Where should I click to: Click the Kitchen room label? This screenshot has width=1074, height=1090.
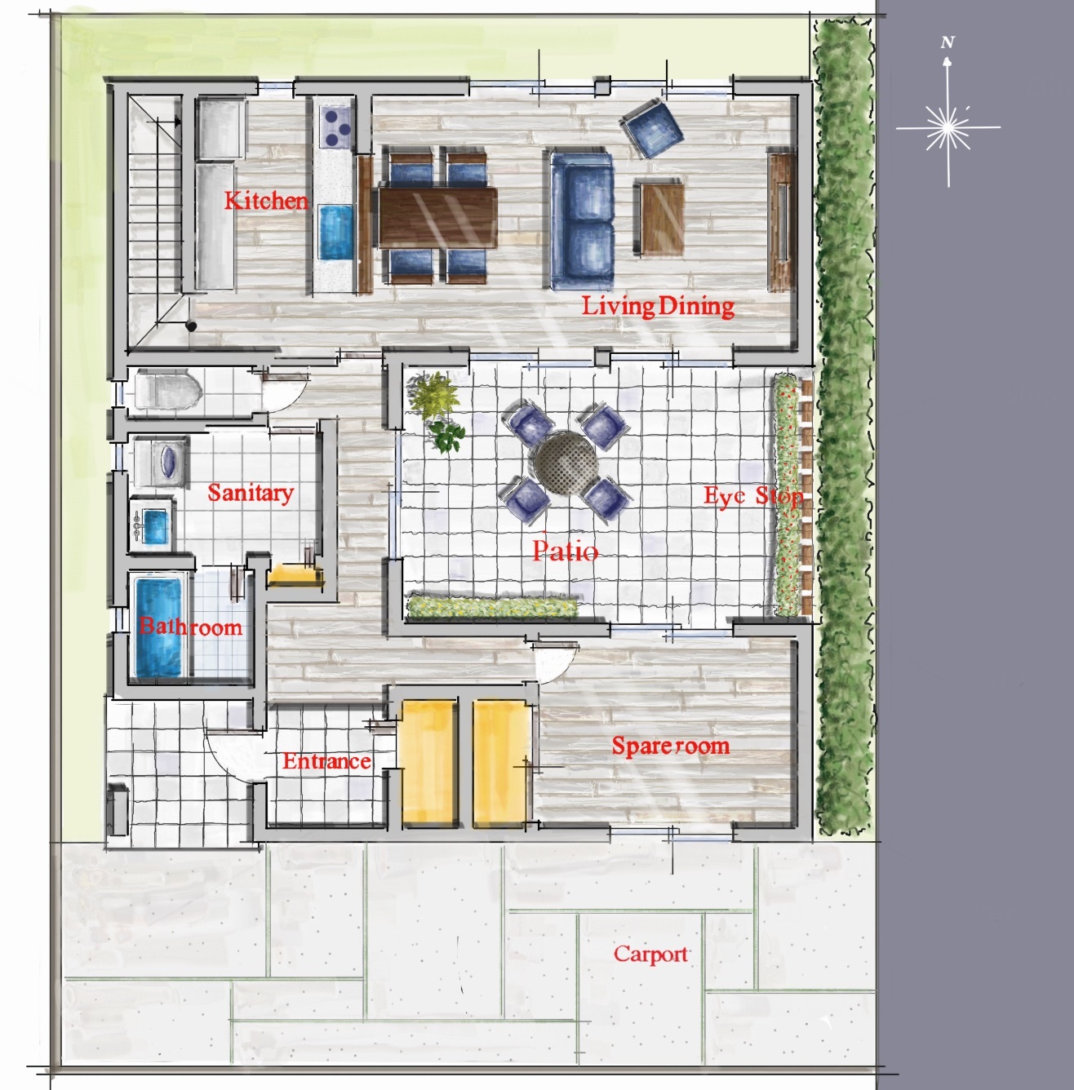266,201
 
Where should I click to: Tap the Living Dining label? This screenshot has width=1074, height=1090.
658,307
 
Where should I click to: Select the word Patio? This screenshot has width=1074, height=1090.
565,551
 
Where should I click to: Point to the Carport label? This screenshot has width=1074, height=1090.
650,955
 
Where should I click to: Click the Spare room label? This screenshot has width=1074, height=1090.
671,746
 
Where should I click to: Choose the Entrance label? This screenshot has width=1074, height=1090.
327,760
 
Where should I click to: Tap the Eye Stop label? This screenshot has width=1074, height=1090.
753,496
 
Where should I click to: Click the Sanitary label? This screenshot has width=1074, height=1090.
251,493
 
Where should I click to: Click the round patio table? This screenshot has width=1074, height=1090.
566,462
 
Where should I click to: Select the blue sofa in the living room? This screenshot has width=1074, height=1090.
582,219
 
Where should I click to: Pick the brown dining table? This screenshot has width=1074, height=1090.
437,218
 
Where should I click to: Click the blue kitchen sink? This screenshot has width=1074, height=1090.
335,232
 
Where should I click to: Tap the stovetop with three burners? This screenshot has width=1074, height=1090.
336,127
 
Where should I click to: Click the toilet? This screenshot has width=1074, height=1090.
167,390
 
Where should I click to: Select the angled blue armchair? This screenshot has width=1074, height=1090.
651,128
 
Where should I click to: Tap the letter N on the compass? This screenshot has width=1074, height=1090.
948,42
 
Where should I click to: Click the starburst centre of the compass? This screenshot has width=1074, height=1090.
948,128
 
